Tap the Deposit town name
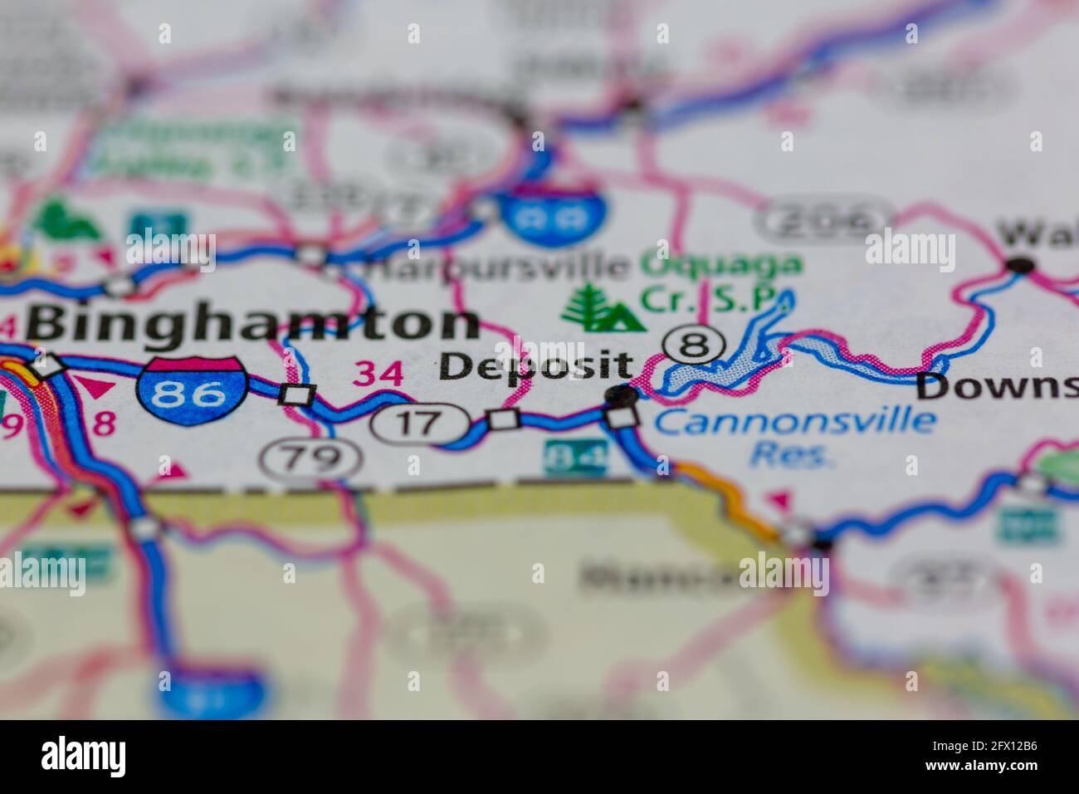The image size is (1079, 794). coord(535,366)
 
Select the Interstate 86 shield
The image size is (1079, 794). coord(193,390)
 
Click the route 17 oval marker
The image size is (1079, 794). coord(419,423)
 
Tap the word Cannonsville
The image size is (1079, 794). coord(794,420)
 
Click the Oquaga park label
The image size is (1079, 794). coord(722,266)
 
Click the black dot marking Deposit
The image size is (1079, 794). coord(620,396)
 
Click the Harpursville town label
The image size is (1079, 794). coord(498,267)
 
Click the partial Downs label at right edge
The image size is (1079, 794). coord(996,385)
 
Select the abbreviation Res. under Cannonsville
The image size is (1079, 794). coord(789,455)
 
